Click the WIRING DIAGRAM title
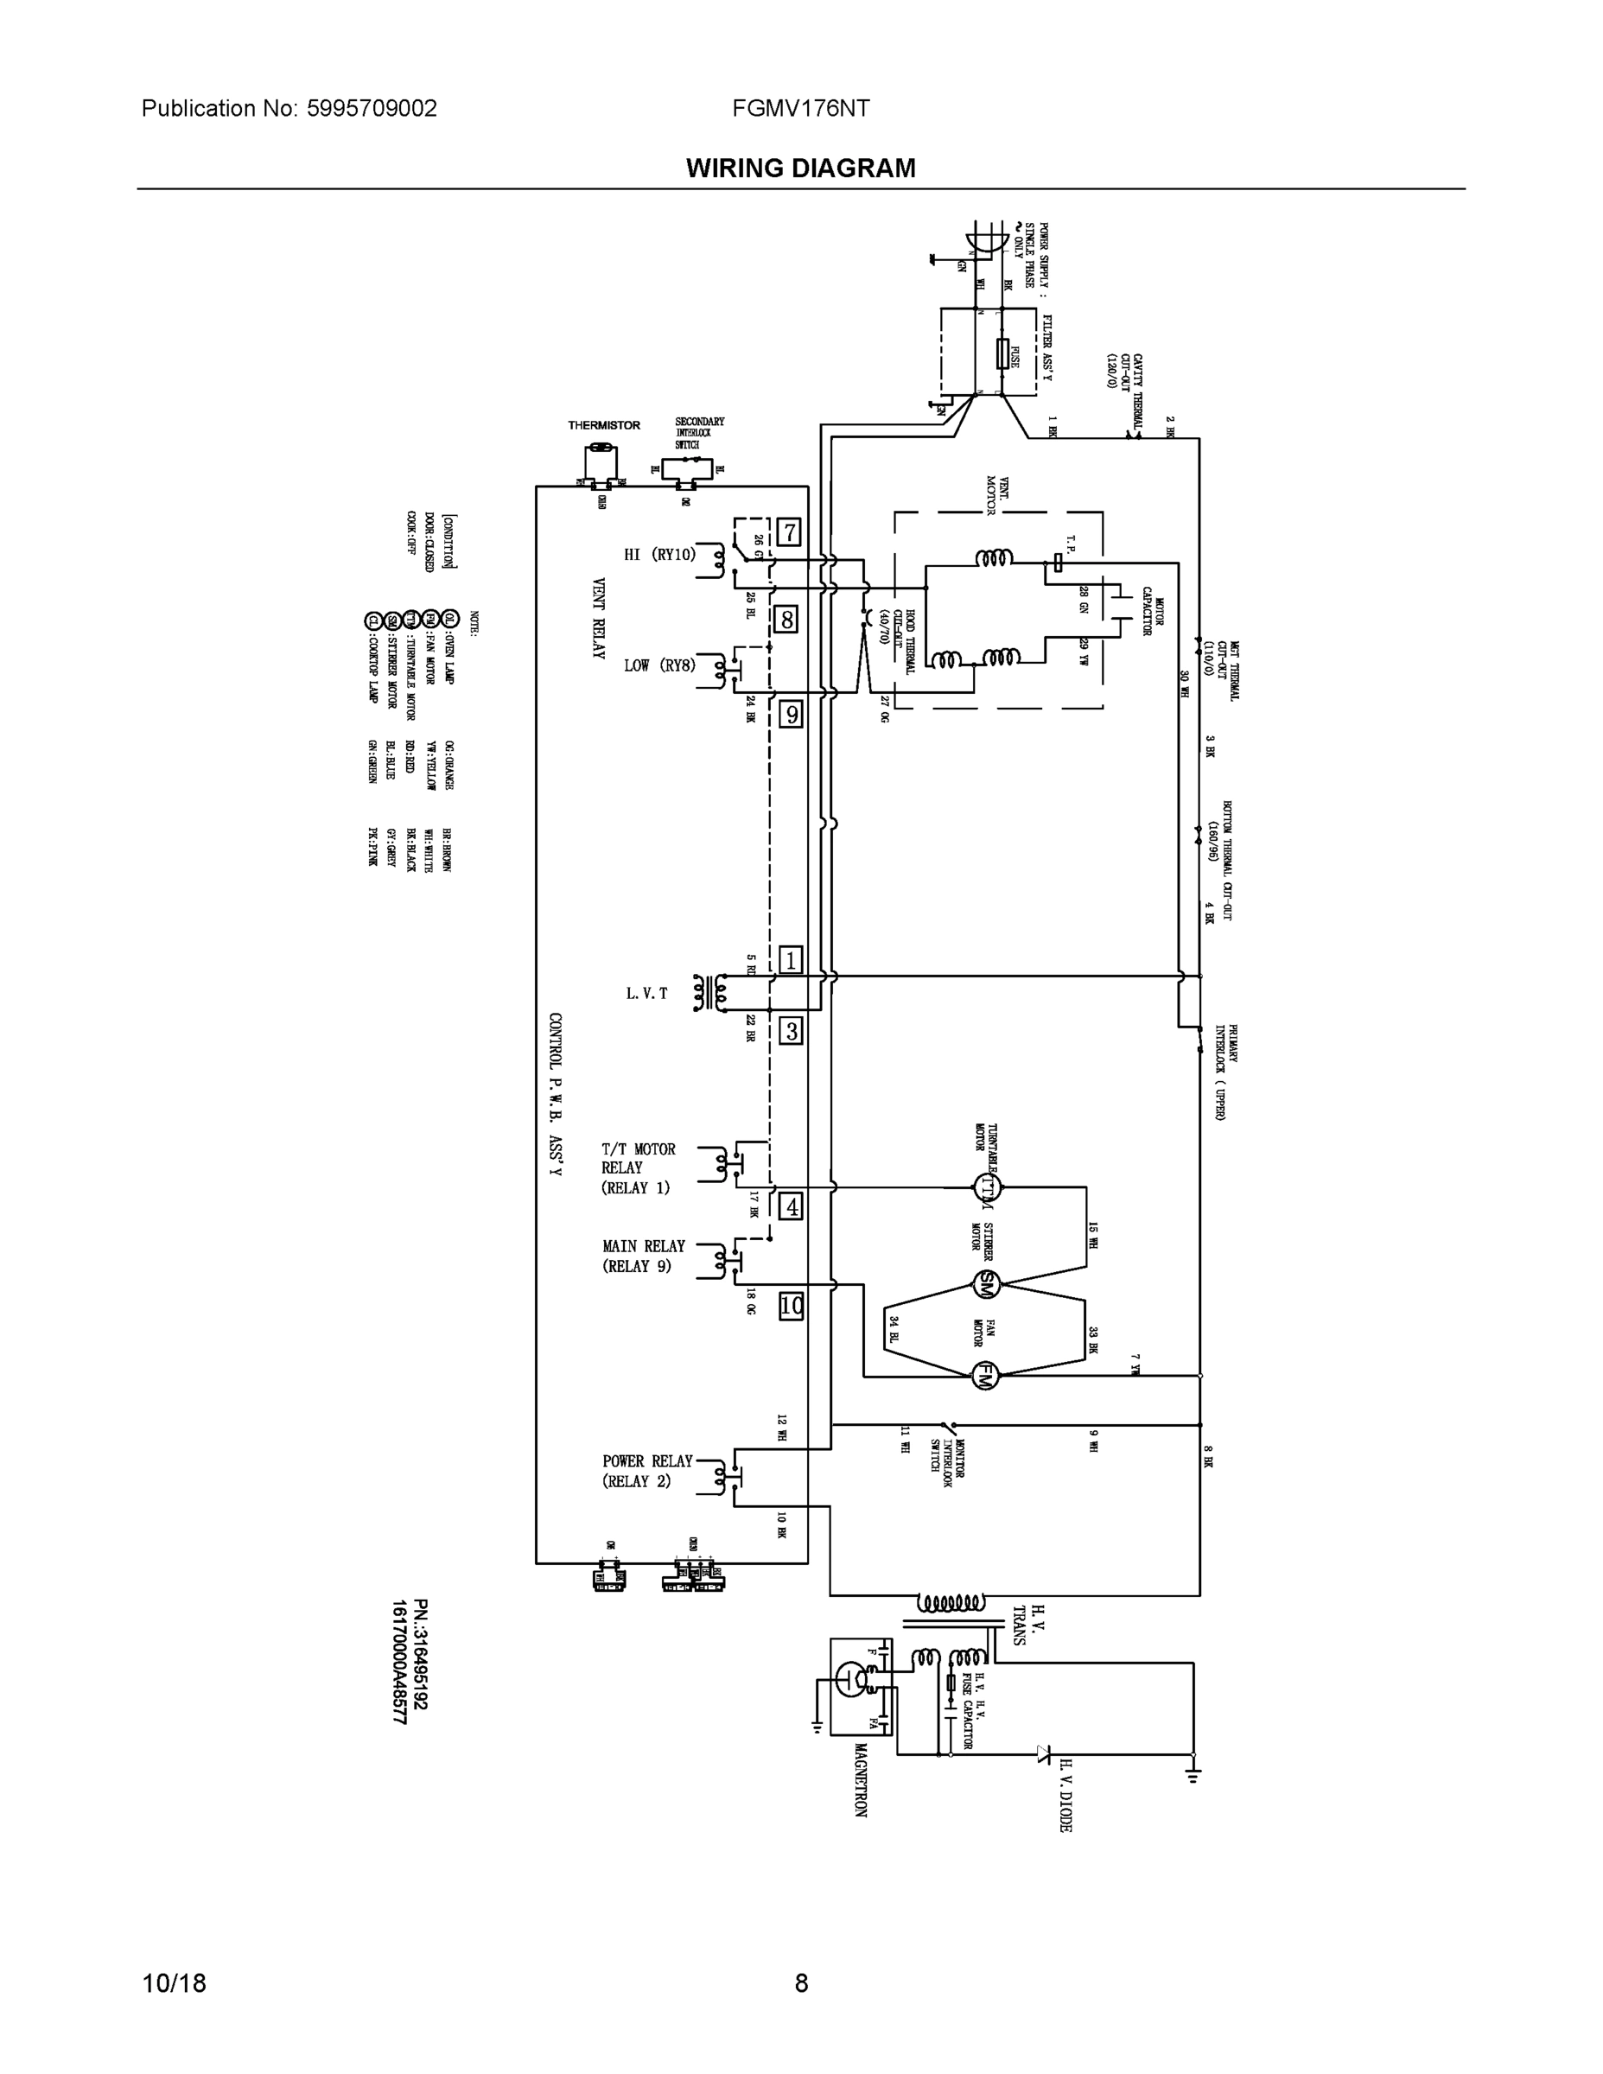[800, 169]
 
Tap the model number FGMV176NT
[800, 108]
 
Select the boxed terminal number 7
[788, 532]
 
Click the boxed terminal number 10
[791, 1306]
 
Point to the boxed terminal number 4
[790, 1207]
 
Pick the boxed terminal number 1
[790, 960]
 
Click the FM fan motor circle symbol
[986, 1375]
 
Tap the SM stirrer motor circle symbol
[986, 1284]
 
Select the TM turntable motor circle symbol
[988, 1187]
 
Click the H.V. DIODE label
[1065, 1794]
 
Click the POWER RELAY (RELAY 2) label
[647, 1471]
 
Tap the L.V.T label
[646, 993]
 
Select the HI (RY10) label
[660, 555]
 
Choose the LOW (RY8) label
[660, 665]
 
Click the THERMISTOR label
[604, 425]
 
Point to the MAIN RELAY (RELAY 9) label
[643, 1256]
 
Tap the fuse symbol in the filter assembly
[1001, 354]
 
